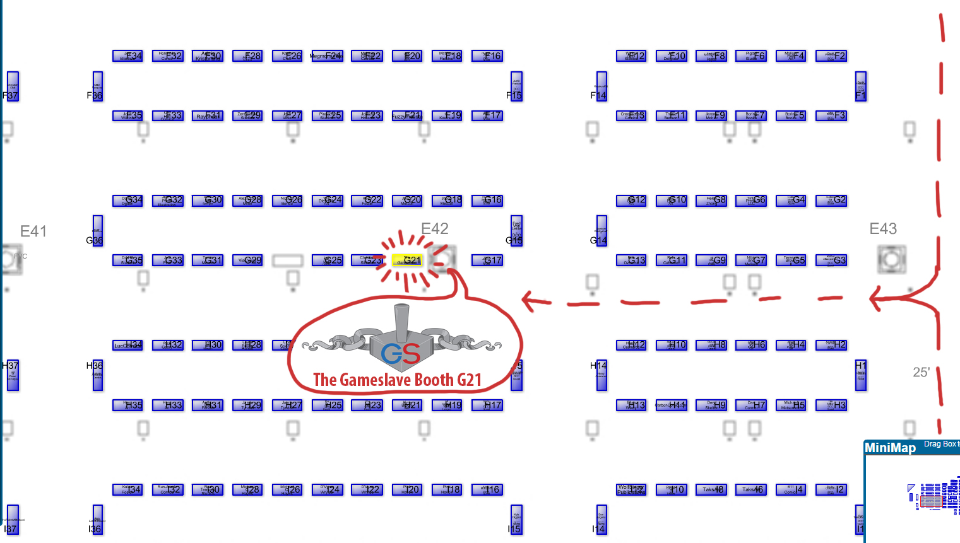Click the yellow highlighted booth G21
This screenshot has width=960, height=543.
(x=408, y=260)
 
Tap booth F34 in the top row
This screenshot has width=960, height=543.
(x=127, y=55)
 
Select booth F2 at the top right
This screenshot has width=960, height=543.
(x=831, y=55)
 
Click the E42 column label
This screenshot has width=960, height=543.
(x=435, y=228)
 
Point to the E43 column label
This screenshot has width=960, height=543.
(x=883, y=228)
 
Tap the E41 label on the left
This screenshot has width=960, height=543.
(x=33, y=231)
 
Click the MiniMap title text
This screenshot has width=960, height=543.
(x=890, y=448)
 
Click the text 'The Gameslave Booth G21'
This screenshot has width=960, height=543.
(x=398, y=380)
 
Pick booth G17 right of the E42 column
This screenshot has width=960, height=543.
(x=487, y=260)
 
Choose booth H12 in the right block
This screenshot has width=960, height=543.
(x=631, y=345)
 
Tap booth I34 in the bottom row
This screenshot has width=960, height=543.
(x=127, y=489)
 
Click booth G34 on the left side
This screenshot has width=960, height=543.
(x=127, y=201)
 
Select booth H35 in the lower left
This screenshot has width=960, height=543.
(x=127, y=405)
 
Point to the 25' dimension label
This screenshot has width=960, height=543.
(x=921, y=372)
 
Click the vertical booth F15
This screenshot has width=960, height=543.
(x=517, y=86)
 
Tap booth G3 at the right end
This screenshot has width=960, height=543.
(x=831, y=260)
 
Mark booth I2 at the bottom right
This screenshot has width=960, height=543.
(x=831, y=489)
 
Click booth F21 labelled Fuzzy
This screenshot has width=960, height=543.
(x=408, y=115)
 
